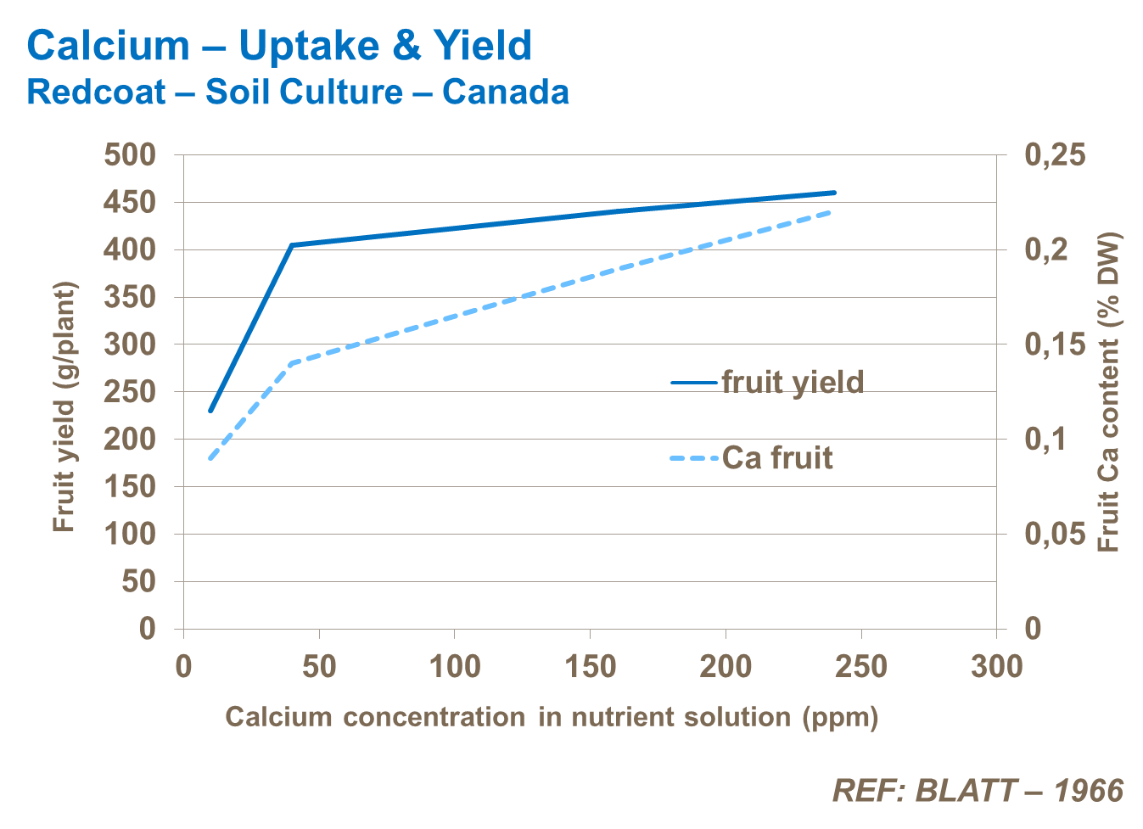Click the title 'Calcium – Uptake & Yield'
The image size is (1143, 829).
coord(279,46)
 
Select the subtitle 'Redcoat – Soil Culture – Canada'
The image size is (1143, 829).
coord(298,92)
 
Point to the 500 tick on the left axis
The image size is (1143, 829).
coord(130,155)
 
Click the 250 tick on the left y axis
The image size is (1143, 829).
coord(130,392)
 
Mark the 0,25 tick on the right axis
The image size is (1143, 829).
coord(1055,155)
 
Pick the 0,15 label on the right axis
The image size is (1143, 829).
coord(1055,344)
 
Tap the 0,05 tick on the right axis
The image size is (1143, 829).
coord(1055,534)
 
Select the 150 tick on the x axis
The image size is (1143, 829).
coord(591,667)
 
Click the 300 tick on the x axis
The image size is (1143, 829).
coord(997,667)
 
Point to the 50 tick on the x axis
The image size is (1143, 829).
coord(319,667)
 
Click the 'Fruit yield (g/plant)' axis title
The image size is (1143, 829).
coord(64,406)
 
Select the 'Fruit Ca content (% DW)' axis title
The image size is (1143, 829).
coord(1109,392)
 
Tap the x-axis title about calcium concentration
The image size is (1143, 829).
coord(552,718)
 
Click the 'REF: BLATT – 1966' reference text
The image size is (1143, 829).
coord(978,791)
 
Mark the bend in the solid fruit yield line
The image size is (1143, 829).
coord(292,245)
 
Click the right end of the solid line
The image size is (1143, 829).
coord(835,193)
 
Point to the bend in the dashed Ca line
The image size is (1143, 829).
coord(292,363)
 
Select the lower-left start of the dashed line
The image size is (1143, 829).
coord(210,458)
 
